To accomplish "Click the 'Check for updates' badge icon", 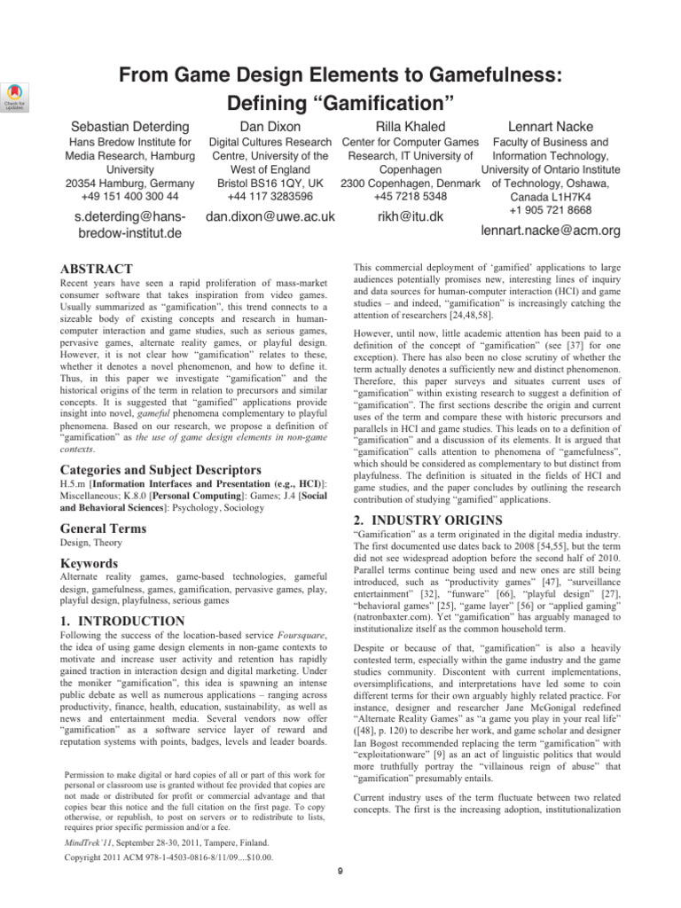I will [16, 95].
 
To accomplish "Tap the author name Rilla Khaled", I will [410, 127].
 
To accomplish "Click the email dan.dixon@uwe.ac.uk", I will [270, 215].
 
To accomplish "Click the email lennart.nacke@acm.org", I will [551, 231].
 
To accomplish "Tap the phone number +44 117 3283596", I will [265, 196].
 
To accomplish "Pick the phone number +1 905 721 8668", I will [551, 209].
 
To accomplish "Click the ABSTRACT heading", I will [96, 269].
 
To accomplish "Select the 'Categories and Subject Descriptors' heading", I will [160, 469].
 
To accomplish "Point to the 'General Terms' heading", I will [102, 528].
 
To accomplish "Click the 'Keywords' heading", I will [90, 563].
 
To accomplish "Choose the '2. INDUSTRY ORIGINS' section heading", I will [427, 519].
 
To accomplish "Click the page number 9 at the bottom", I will [340, 895].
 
